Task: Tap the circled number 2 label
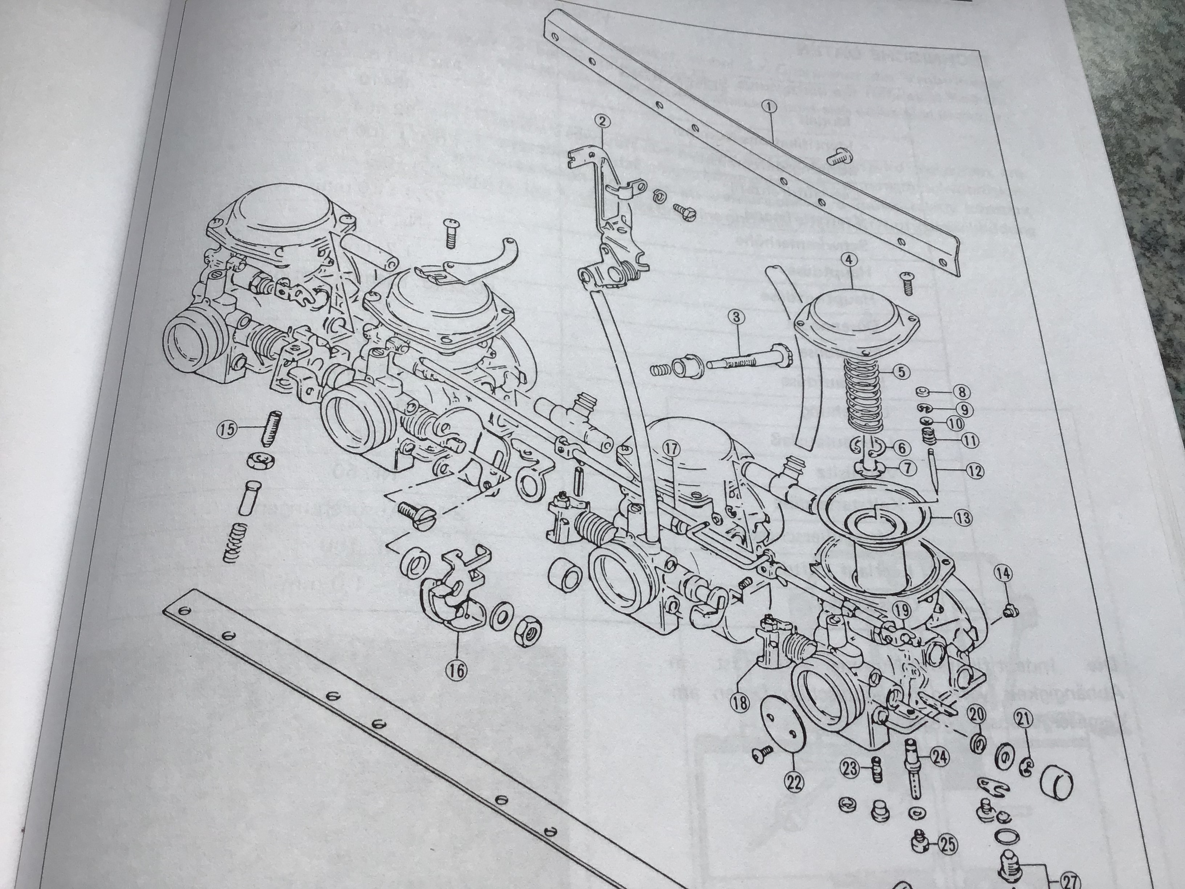coord(603,122)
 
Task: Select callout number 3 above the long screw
coord(737,318)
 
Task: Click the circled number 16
coord(459,669)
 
